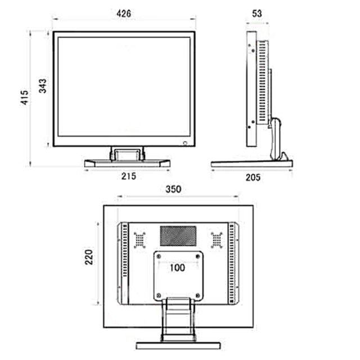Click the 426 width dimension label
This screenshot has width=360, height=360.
pos(124,13)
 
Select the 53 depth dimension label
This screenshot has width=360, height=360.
pos(256,13)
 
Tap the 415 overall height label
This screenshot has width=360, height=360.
pos(25,97)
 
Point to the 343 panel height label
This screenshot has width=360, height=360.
pos(43,86)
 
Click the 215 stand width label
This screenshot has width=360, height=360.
pos(129,176)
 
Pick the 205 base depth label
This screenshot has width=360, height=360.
pos(253,178)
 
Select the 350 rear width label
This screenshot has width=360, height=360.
pos(173,190)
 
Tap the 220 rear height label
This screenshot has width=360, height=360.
pos(89,257)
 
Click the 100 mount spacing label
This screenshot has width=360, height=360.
pos(177,268)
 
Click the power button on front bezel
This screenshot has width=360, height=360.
pos(185,143)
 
